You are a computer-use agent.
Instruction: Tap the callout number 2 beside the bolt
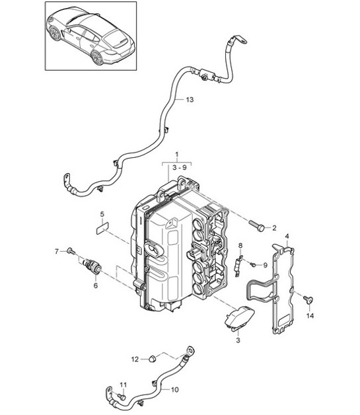(275, 227)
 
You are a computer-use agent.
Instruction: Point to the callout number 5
(102, 214)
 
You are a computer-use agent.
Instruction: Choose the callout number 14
(311, 316)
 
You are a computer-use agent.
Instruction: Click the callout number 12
(135, 359)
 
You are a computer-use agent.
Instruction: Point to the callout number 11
(122, 385)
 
